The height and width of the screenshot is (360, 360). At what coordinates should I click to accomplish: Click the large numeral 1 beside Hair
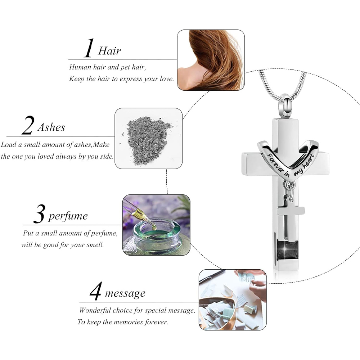(x=89, y=48)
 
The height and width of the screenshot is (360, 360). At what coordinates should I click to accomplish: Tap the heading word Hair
(x=109, y=51)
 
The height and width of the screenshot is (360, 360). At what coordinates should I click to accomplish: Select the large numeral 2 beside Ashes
(x=28, y=125)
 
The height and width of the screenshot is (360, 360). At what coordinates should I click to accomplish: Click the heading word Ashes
(x=51, y=127)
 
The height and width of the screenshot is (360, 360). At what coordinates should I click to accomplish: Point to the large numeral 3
(x=39, y=214)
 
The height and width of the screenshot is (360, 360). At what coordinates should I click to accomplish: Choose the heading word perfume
(x=68, y=216)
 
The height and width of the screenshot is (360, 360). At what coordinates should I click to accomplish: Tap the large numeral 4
(x=96, y=291)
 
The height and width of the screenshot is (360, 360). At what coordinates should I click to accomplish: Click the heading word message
(x=125, y=294)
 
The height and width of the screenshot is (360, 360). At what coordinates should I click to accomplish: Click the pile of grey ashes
(x=148, y=140)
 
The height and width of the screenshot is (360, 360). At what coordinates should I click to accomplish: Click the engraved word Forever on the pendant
(x=275, y=164)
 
